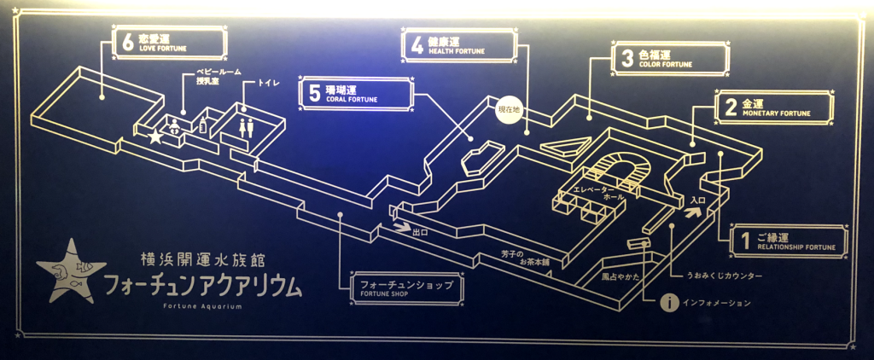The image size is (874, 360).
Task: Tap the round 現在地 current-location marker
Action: coord(510,112)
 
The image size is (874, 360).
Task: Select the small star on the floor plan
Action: coord(155,136)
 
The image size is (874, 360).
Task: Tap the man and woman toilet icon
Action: coord(247,126)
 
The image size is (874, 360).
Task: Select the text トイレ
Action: coord(256,84)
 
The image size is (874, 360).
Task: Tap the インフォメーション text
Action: coord(716,303)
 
